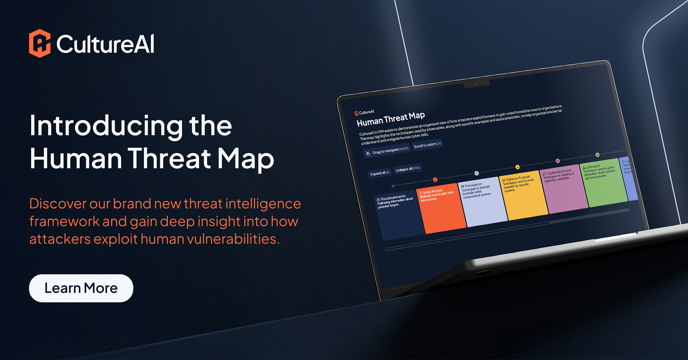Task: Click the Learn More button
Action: (x=81, y=288)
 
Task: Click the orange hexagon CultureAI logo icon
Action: (x=40, y=43)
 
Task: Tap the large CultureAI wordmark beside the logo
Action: (x=105, y=44)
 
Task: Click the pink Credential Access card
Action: (x=564, y=190)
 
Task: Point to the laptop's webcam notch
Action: (x=476, y=83)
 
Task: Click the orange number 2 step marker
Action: (x=435, y=180)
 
